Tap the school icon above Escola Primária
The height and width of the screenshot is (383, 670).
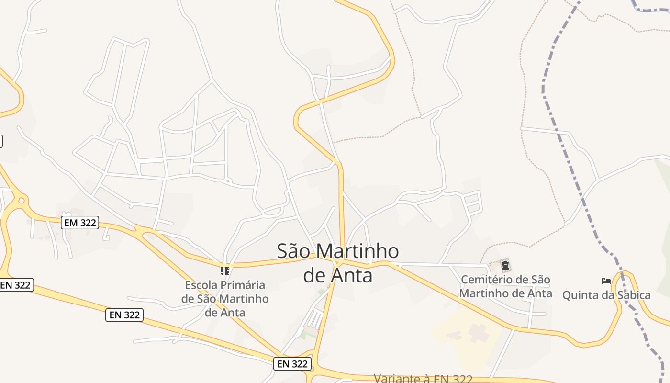[x=225, y=270]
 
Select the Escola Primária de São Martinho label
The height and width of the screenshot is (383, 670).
[x=225, y=299]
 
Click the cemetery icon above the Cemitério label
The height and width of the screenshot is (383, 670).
[x=505, y=264]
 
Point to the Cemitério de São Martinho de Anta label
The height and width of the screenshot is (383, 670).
[x=505, y=286]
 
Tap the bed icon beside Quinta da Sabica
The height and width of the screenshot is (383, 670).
[x=606, y=281]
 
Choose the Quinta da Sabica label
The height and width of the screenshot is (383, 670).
[x=606, y=295]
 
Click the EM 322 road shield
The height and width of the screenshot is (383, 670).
[x=80, y=223]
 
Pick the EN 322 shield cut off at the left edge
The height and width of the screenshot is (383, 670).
[x=15, y=285]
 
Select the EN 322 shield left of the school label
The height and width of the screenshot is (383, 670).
[x=124, y=315]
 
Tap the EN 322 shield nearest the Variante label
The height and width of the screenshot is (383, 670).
[x=292, y=364]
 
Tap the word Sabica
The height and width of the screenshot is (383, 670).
[x=633, y=295]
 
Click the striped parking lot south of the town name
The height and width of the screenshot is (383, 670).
[x=314, y=318]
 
